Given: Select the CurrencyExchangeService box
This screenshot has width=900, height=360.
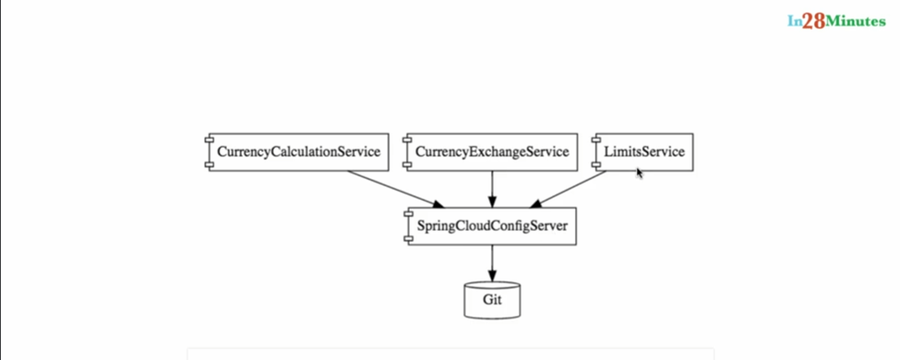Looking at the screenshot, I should [492, 152].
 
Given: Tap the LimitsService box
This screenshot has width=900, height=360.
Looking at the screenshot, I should [643, 152].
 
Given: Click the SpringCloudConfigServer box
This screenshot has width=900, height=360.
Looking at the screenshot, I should [491, 226].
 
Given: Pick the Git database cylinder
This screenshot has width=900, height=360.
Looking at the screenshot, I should [491, 300].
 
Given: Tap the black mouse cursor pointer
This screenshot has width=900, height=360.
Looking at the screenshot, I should [640, 173].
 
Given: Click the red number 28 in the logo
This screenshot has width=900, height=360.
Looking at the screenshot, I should [813, 22].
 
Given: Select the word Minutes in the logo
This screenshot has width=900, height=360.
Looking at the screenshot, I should [856, 22].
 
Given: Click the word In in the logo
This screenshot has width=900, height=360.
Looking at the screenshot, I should [794, 22].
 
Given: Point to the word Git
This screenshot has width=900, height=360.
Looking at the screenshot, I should [491, 301].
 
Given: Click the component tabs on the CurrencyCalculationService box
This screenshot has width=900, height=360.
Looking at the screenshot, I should [209, 152].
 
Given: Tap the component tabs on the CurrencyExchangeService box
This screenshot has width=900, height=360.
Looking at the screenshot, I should [408, 152].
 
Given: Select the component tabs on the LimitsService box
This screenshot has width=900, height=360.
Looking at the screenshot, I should [596, 152].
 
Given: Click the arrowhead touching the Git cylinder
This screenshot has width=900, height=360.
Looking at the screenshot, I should [491, 276].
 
